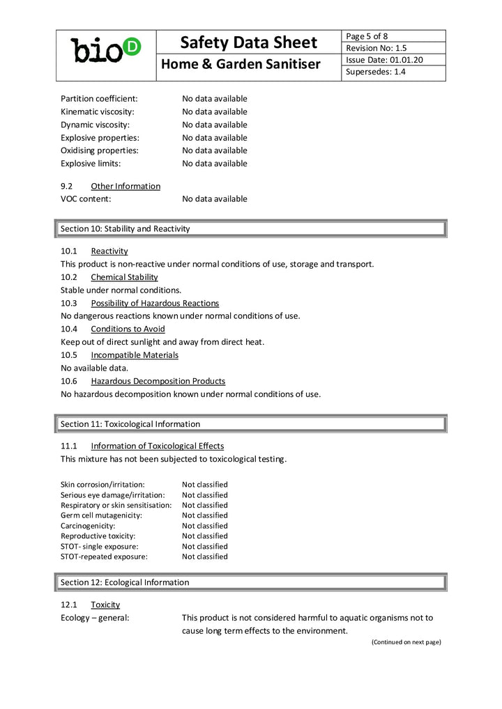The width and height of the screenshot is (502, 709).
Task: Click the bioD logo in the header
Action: pyautogui.click(x=106, y=50)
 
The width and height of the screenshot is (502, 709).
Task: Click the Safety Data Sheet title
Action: pyautogui.click(x=248, y=42)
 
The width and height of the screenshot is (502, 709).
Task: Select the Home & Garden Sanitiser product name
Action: pyautogui.click(x=241, y=65)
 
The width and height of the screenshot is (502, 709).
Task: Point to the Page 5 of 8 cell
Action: pyautogui.click(x=367, y=36)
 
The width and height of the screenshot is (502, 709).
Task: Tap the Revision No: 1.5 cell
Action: pyautogui.click(x=376, y=48)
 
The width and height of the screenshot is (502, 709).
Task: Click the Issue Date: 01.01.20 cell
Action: pyautogui.click(x=384, y=60)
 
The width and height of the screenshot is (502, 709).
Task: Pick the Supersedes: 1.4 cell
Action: pyautogui.click(x=376, y=72)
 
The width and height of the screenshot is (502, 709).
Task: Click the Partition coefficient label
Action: pyautogui.click(x=99, y=99)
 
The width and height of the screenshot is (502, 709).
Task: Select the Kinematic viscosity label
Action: pyautogui.click(x=98, y=111)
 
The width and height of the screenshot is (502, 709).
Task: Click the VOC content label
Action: pyautogui.click(x=86, y=199)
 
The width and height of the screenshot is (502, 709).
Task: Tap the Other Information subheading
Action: pyautogui.click(x=125, y=186)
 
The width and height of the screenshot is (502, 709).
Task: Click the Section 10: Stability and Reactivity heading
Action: pyautogui.click(x=125, y=228)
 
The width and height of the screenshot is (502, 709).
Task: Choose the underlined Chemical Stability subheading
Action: pyautogui.click(x=124, y=277)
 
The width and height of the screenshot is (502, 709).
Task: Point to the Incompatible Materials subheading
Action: pyautogui.click(x=135, y=355)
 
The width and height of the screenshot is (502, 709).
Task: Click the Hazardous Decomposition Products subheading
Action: pyautogui.click(x=158, y=381)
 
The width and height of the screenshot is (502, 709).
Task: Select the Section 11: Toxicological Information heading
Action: pyautogui.click(x=130, y=424)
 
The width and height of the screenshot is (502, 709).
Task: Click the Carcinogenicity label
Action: pyautogui.click(x=88, y=526)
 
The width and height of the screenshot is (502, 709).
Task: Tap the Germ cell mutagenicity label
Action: pyautogui.click(x=101, y=515)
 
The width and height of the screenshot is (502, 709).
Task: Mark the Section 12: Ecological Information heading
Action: pyautogui.click(x=125, y=582)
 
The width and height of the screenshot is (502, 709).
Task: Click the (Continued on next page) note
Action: pyautogui.click(x=406, y=642)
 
